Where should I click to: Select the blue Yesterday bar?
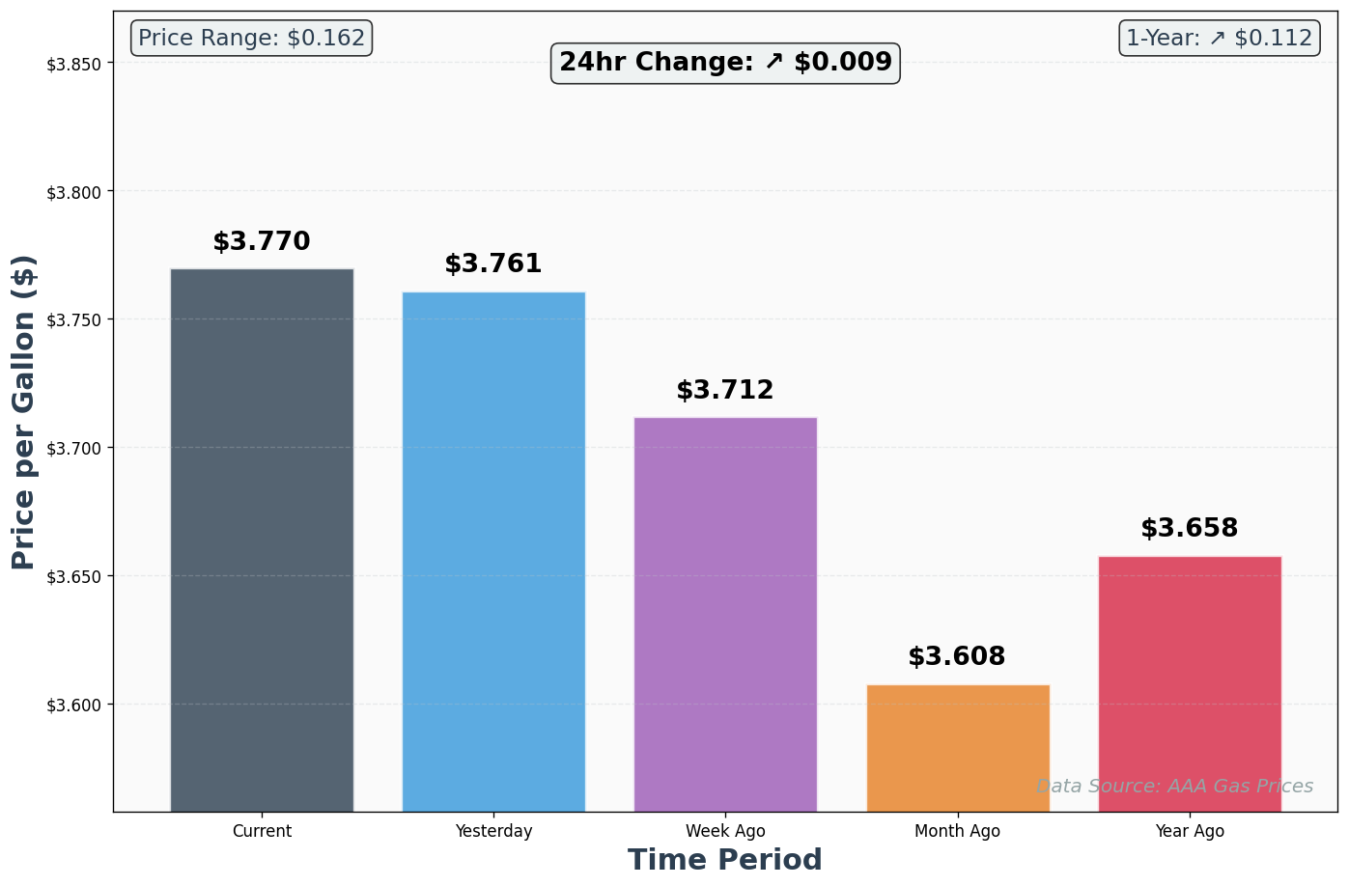493,550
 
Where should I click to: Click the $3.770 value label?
262,242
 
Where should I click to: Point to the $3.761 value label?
493,264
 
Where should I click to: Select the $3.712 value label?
725,391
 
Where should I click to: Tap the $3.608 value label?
957,657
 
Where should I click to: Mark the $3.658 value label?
1190,529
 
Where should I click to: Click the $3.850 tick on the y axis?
74,64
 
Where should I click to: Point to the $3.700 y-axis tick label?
74,448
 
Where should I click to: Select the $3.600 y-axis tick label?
74,705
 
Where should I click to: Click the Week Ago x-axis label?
725,831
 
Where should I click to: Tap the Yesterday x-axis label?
493,831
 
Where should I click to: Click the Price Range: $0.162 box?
251,39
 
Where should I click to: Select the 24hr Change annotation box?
725,63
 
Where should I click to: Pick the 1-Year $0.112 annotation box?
1220,39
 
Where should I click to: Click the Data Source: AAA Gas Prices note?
1174,787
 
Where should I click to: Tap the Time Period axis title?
725,860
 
